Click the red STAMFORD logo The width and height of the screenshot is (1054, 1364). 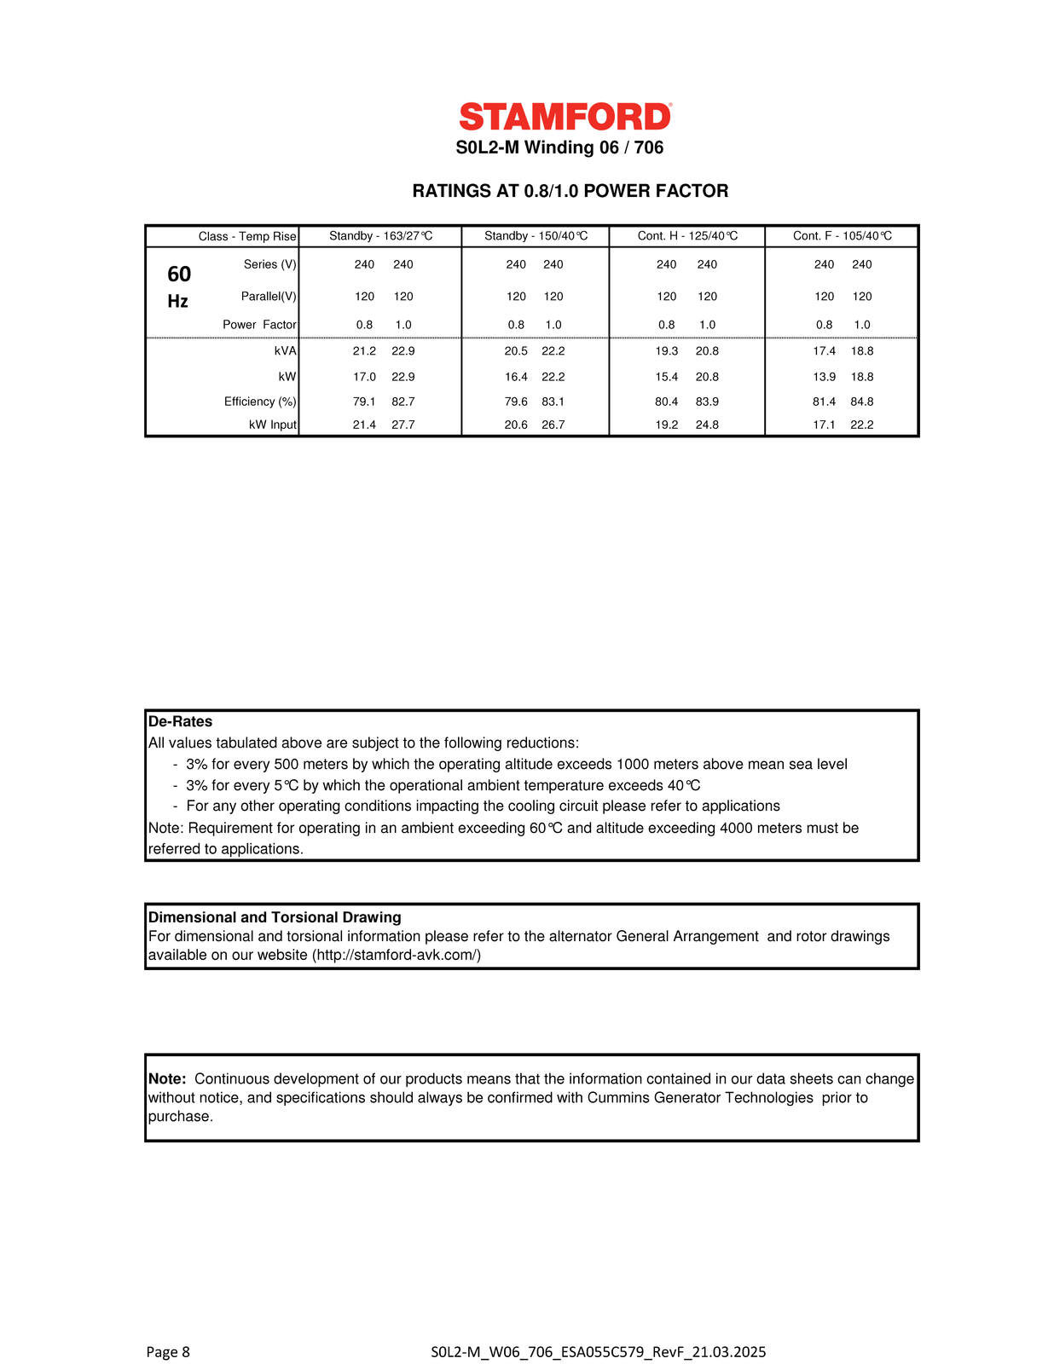pyautogui.click(x=565, y=117)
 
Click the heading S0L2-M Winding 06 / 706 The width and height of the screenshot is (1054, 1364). pyautogui.click(x=559, y=147)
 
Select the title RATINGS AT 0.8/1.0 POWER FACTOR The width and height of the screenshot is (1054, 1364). pyautogui.click(x=570, y=191)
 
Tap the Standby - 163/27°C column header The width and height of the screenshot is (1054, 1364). pyautogui.click(x=380, y=236)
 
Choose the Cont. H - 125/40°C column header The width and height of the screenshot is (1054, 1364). pyautogui.click(x=687, y=236)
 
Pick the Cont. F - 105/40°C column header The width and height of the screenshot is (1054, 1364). pyautogui.click(x=842, y=236)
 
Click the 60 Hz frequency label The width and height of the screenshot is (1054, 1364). pyautogui.click(x=178, y=286)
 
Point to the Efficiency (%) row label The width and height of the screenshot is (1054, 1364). pyautogui.click(x=260, y=402)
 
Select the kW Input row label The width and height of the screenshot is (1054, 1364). pyautogui.click(x=272, y=425)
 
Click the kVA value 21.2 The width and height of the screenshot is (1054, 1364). pyautogui.click(x=364, y=351)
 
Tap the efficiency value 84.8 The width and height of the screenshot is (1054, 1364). pyautogui.click(x=862, y=402)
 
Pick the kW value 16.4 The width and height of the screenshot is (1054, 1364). pyautogui.click(x=516, y=377)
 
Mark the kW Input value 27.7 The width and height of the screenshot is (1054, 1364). pyautogui.click(x=403, y=425)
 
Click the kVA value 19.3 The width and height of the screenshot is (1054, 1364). pyautogui.click(x=666, y=351)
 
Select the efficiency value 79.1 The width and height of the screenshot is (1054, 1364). pyautogui.click(x=364, y=402)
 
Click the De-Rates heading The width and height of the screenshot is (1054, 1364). pyautogui.click(x=180, y=721)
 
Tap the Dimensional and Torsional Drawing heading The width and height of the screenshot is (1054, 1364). pyautogui.click(x=275, y=917)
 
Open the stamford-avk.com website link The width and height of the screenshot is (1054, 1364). pyautogui.click(x=397, y=956)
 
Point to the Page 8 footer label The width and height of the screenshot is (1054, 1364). pyautogui.click(x=168, y=1351)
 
